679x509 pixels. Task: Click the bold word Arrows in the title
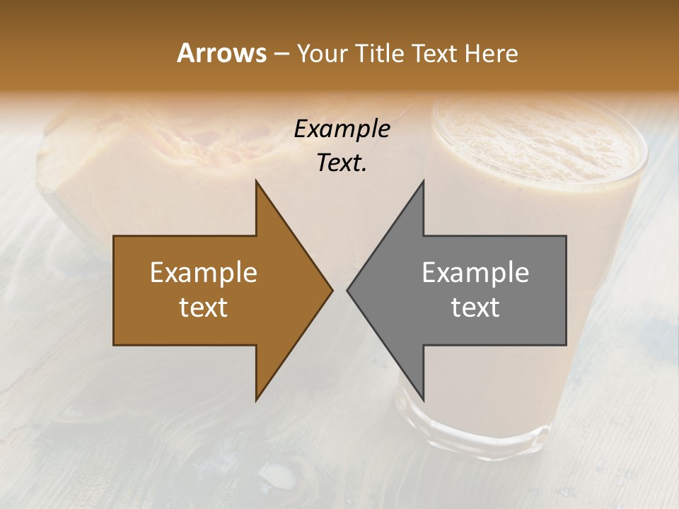221,53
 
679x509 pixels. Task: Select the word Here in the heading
491,53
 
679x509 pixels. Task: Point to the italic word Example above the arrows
342,129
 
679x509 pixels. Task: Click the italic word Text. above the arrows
342,163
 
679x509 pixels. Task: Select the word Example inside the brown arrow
203,273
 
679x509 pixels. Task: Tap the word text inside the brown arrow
203,308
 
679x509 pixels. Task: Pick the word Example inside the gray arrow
475,273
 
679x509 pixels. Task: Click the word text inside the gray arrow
475,308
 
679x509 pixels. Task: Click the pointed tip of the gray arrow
348,290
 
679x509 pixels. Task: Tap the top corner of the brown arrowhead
257,182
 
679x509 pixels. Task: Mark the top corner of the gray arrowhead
423,182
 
